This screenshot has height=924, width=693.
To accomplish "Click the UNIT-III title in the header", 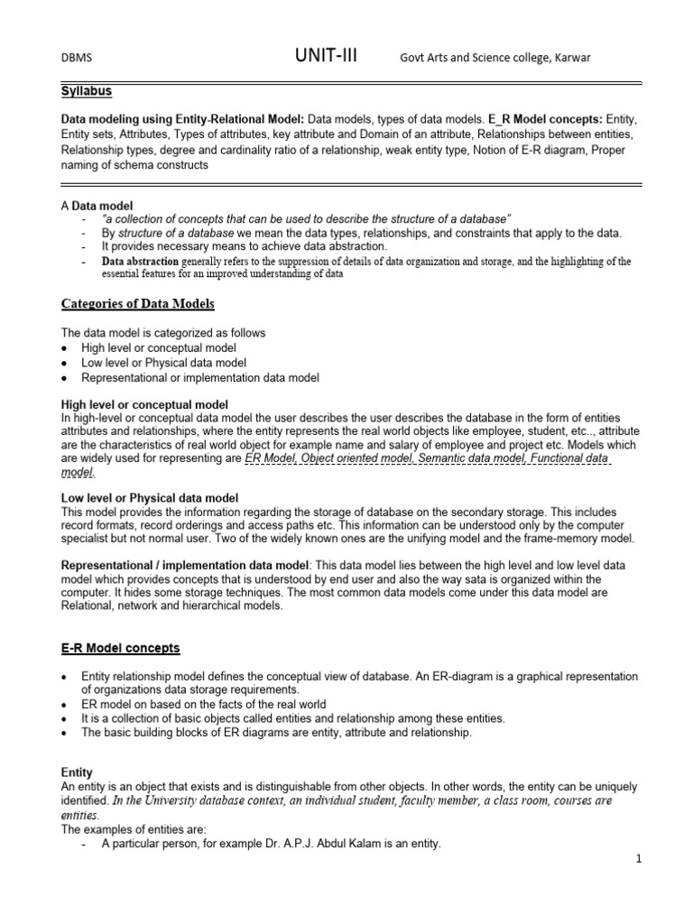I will (326, 56).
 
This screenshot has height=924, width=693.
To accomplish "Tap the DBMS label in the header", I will (76, 59).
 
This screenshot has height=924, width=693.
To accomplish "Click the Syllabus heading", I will (87, 91).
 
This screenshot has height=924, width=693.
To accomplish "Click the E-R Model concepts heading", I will (120, 648).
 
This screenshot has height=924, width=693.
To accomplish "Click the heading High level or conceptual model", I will (144, 404).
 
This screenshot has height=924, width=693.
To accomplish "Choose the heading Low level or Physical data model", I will (149, 498).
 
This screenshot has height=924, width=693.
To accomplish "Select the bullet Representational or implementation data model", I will (200, 377).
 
